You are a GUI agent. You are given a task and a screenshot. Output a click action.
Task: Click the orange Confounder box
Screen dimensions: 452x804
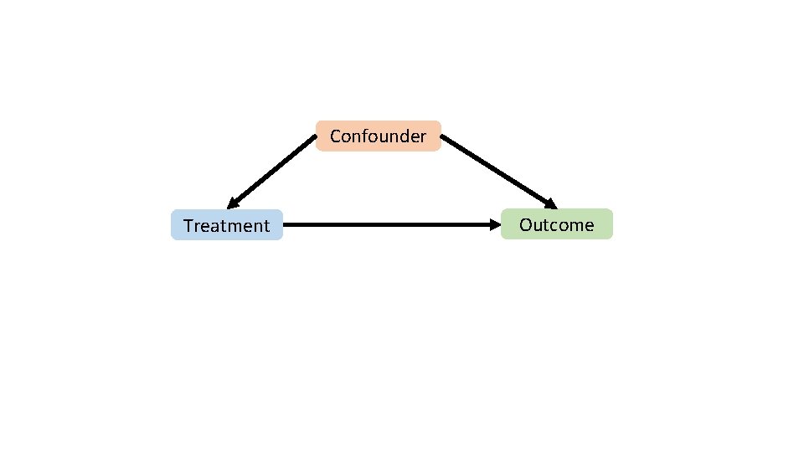(379, 136)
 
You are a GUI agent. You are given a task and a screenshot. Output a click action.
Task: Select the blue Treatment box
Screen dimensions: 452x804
(227, 225)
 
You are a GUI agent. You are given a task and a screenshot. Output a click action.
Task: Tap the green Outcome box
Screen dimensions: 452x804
(557, 224)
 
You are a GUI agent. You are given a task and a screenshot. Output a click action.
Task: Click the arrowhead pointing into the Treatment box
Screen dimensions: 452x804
(233, 203)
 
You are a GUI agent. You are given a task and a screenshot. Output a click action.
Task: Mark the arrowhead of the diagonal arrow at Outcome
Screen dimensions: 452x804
(550, 203)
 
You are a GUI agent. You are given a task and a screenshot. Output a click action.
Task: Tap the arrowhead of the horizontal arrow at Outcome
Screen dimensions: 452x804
(494, 224)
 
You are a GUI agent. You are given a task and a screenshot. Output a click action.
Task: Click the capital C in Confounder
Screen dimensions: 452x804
(336, 136)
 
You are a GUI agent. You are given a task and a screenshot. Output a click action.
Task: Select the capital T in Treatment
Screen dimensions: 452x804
(188, 226)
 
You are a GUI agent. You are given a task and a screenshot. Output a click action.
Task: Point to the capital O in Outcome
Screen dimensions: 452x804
(526, 224)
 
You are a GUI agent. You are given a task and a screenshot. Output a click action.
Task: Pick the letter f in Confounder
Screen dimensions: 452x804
(367, 136)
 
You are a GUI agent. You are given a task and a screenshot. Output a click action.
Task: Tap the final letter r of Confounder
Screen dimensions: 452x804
(424, 137)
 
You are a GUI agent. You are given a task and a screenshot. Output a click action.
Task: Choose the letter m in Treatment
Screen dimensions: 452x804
(234, 227)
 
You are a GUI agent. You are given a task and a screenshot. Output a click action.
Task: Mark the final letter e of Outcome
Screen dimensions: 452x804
(589, 226)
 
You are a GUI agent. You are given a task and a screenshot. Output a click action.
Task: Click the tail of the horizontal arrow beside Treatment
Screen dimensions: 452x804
(286, 224)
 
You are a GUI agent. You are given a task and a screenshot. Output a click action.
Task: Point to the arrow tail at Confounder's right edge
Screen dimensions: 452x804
(444, 139)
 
